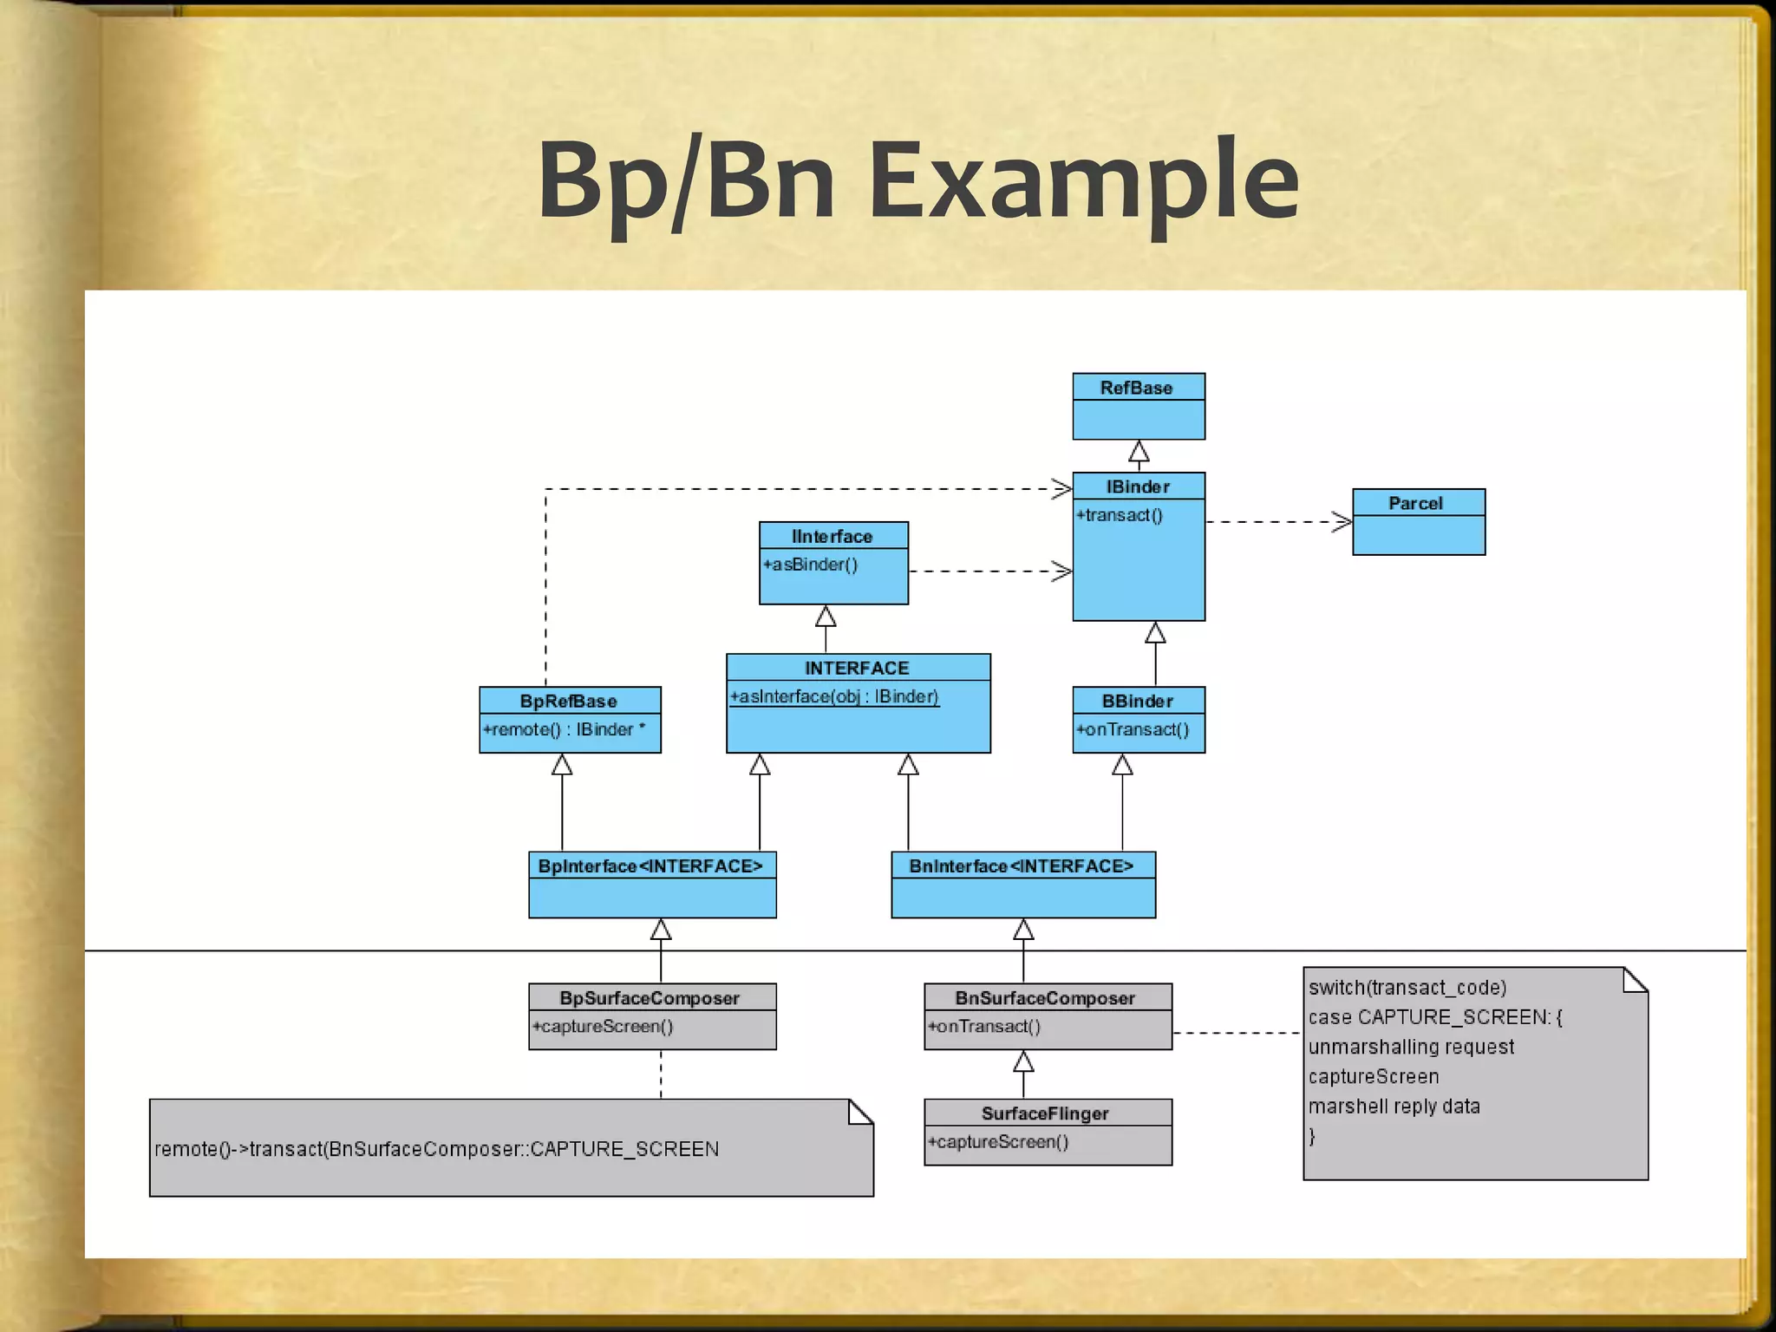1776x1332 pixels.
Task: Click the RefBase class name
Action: pyautogui.click(x=1136, y=388)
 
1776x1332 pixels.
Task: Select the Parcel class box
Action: pyautogui.click(x=1419, y=523)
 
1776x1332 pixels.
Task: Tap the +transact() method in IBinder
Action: pyautogui.click(x=1120, y=515)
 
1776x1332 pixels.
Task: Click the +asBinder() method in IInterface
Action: pyautogui.click(x=811, y=565)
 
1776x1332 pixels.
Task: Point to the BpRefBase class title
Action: pyautogui.click(x=569, y=701)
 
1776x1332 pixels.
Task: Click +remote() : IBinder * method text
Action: pyautogui.click(x=565, y=729)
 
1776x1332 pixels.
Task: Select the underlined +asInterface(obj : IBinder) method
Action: pyautogui.click(x=834, y=696)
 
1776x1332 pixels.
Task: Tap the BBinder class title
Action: pyautogui.click(x=1137, y=701)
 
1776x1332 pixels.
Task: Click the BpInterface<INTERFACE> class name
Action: pyautogui.click(x=650, y=866)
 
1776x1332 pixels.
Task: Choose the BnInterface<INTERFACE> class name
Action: pyautogui.click(x=1022, y=866)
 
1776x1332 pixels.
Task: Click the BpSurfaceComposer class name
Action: pyautogui.click(x=650, y=998)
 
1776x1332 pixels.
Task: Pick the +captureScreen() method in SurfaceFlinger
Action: pyautogui.click(x=998, y=1142)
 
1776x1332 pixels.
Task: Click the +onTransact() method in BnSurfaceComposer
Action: pyautogui.click(x=984, y=1027)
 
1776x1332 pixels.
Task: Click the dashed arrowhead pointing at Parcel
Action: pyautogui.click(x=1342, y=522)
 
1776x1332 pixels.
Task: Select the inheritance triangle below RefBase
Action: pyautogui.click(x=1139, y=452)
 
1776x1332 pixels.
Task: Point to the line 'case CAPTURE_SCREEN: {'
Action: pyautogui.click(x=1435, y=1017)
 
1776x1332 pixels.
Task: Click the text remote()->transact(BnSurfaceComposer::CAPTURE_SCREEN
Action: pyautogui.click(x=437, y=1149)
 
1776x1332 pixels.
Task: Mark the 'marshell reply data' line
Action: pyautogui.click(x=1394, y=1107)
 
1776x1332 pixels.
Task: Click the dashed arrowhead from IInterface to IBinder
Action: pyautogui.click(x=1062, y=571)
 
